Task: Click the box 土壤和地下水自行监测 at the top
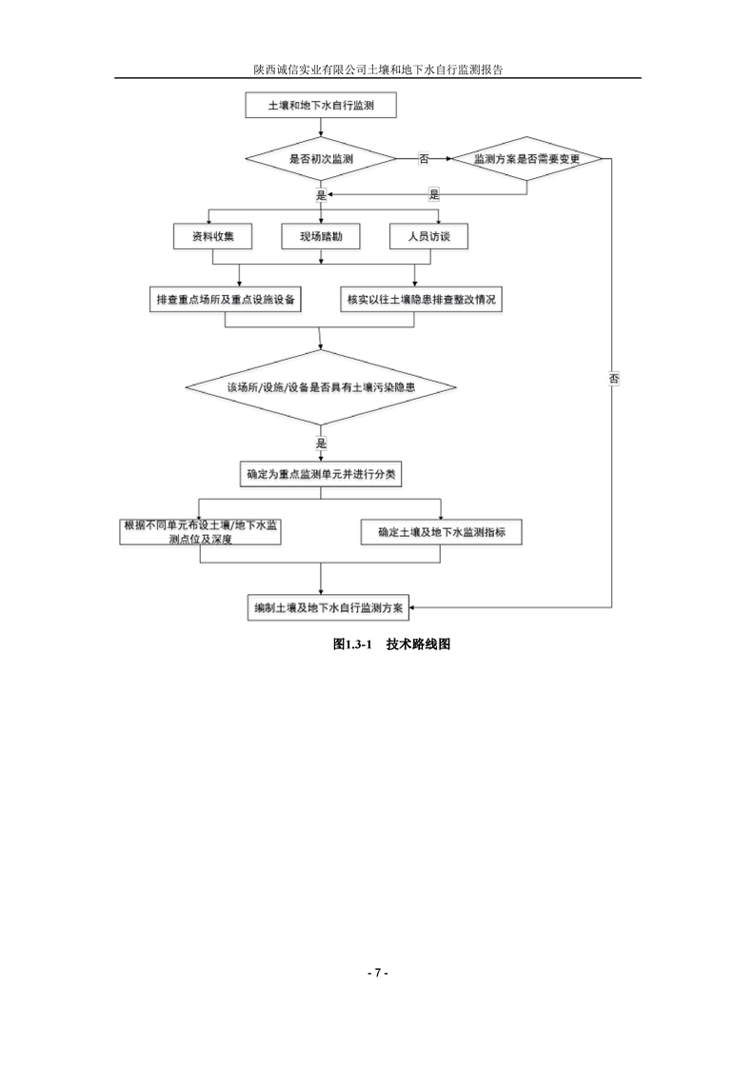pyautogui.click(x=320, y=108)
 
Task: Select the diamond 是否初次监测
pyautogui.click(x=320, y=159)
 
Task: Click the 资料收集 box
pyautogui.click(x=211, y=236)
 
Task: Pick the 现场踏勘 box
pyautogui.click(x=320, y=236)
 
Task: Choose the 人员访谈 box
pyautogui.click(x=428, y=236)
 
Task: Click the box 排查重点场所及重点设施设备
pyautogui.click(x=226, y=299)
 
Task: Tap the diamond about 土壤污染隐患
pyautogui.click(x=320, y=387)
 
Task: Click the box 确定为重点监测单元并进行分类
pyautogui.click(x=320, y=472)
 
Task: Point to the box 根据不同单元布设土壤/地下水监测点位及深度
pyautogui.click(x=201, y=532)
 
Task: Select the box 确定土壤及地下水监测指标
pyautogui.click(x=440, y=532)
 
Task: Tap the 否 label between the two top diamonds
pyautogui.click(x=423, y=159)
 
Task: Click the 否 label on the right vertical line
pyautogui.click(x=612, y=378)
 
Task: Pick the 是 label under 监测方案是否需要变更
pyautogui.click(x=434, y=194)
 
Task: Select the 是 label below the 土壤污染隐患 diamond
pyautogui.click(x=321, y=444)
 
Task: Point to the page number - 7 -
pyautogui.click(x=378, y=973)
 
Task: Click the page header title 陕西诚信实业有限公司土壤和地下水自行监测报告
pyautogui.click(x=377, y=69)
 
